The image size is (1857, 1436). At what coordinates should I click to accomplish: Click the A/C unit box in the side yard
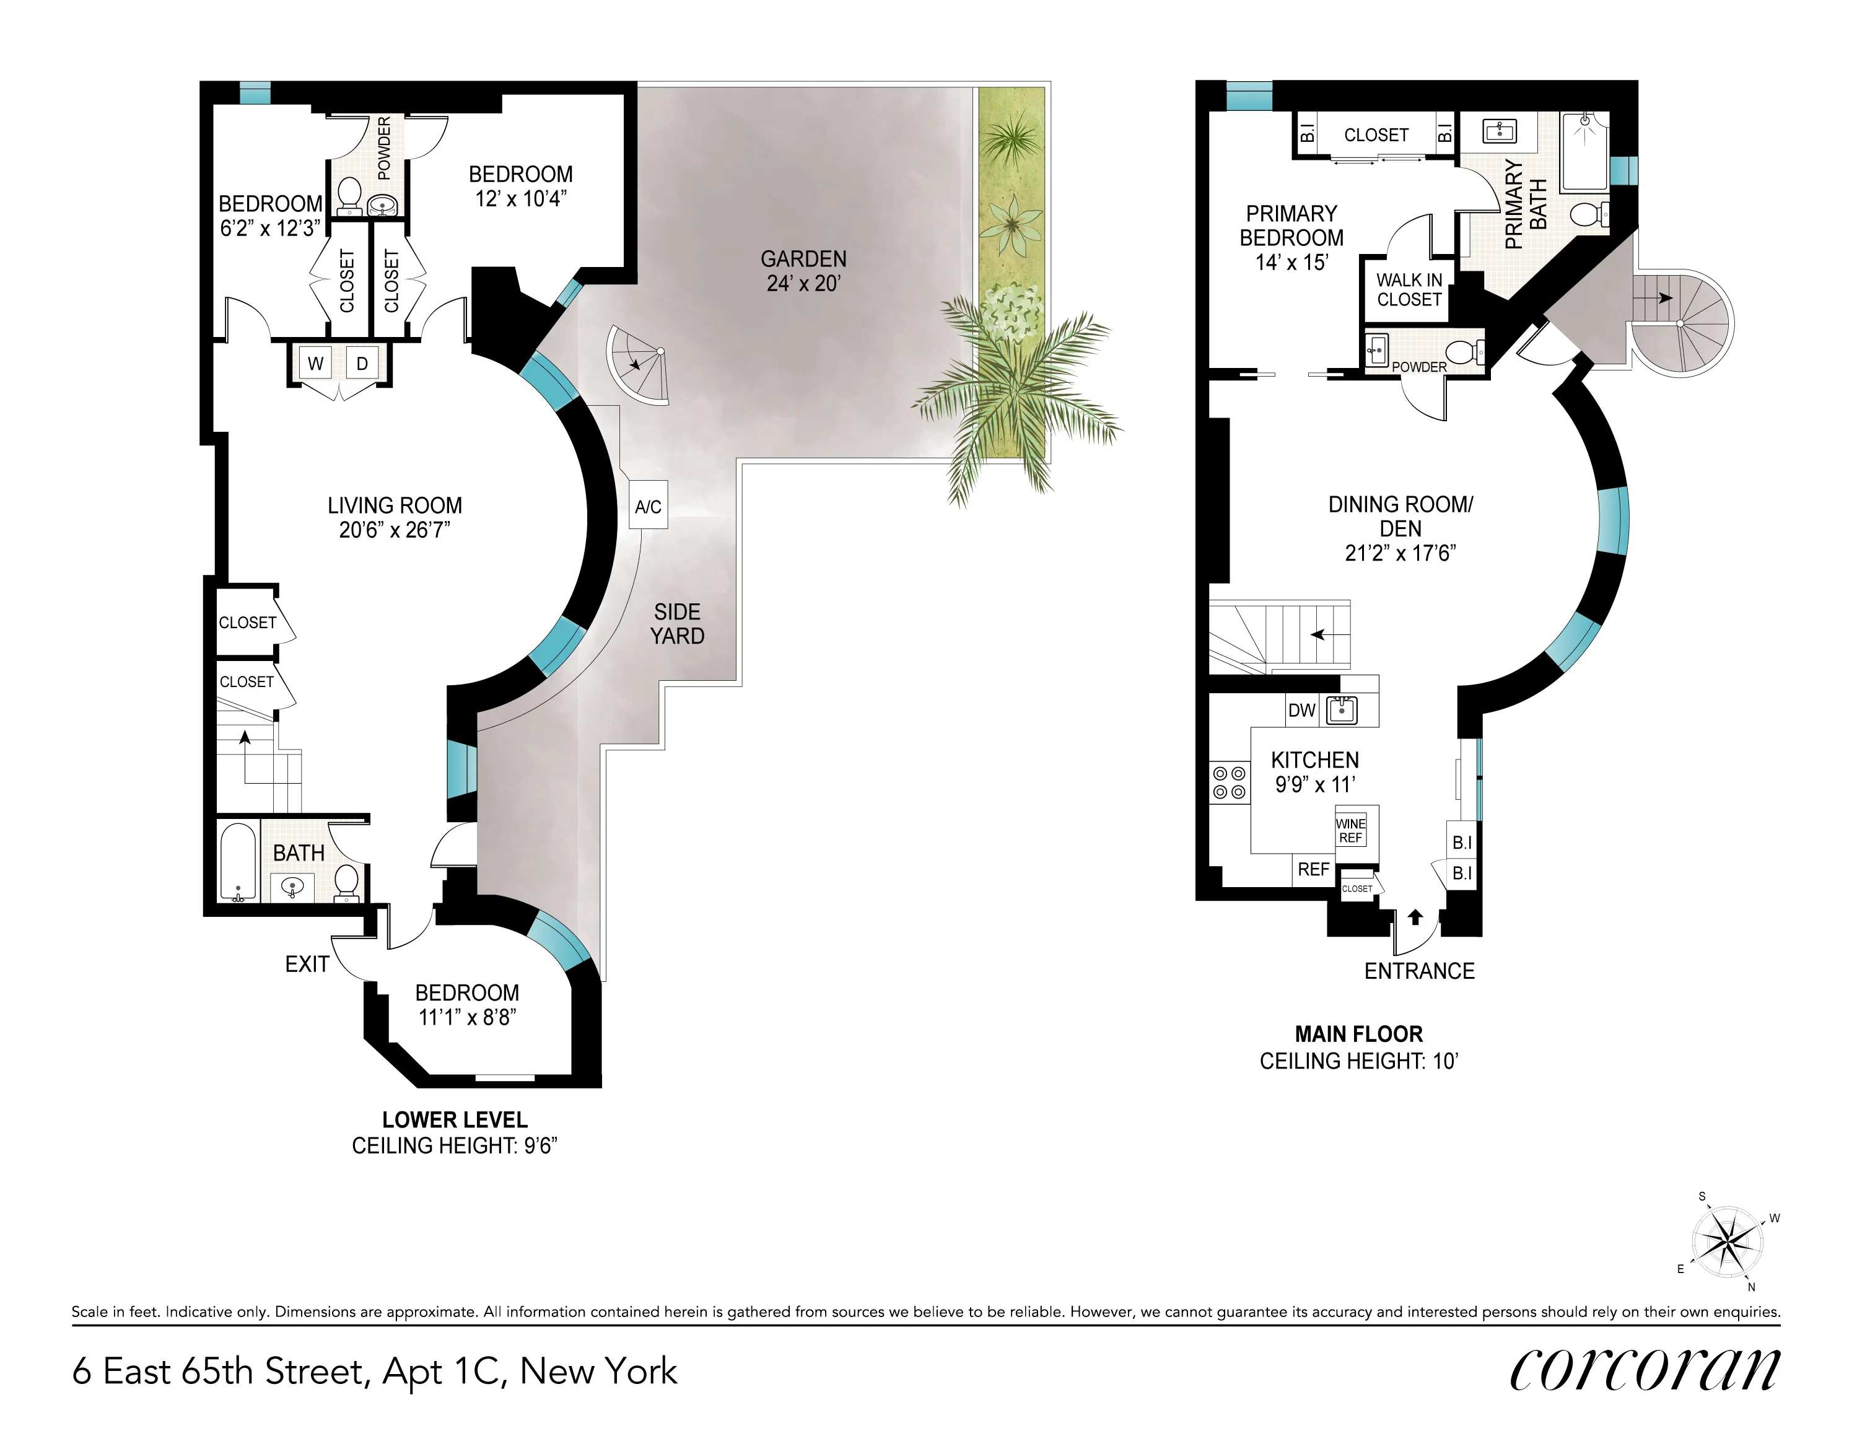[648, 506]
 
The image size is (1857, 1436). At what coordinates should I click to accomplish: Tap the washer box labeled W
[315, 364]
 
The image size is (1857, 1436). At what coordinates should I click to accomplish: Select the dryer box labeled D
[362, 364]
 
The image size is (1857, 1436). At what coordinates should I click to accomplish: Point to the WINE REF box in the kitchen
[1350, 831]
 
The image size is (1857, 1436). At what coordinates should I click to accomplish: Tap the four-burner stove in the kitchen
[1229, 783]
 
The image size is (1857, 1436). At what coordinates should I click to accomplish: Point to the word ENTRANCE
[1419, 971]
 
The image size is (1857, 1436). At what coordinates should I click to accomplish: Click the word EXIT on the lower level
[307, 964]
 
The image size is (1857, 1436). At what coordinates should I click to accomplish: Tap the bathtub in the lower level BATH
[238, 861]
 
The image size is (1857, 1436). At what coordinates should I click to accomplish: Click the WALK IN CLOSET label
[1409, 290]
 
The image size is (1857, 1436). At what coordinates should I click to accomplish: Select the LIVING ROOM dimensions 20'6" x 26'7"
[395, 530]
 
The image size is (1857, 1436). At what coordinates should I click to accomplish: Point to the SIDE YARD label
[677, 624]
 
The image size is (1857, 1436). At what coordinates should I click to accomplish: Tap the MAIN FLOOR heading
[1358, 1034]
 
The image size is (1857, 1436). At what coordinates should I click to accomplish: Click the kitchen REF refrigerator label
[1313, 869]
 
